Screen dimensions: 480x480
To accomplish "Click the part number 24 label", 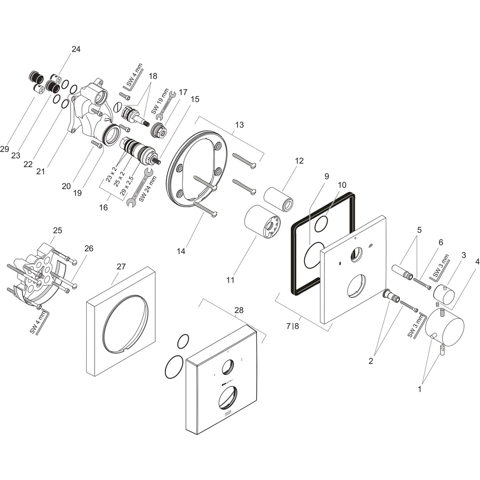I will (76, 49).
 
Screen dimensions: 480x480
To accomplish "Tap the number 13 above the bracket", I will (240, 125).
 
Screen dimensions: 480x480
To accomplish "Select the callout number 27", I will (121, 267).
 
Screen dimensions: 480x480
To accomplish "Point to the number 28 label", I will (239, 310).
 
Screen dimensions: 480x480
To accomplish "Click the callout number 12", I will (299, 160).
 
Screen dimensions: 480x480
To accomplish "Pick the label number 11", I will (230, 280).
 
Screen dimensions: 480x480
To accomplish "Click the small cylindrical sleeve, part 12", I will (279, 199).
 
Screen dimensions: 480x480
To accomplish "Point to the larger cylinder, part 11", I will (262, 222).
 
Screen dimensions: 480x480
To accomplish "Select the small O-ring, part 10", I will (320, 225).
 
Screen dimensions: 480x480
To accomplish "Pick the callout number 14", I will (180, 251).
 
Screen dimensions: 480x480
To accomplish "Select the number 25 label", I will (57, 230).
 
